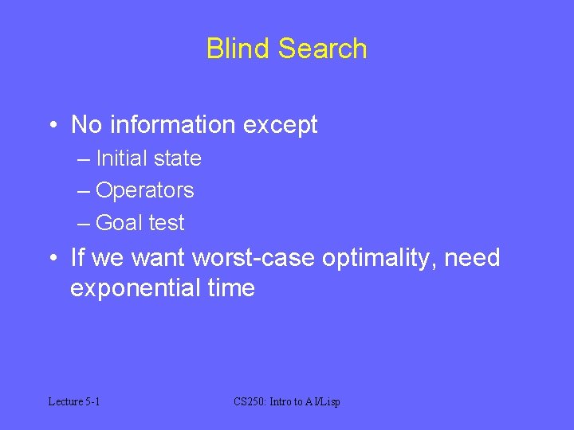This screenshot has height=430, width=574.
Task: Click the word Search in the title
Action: (323, 49)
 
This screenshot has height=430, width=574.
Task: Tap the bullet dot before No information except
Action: (51, 125)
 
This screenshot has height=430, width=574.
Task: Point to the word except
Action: (283, 126)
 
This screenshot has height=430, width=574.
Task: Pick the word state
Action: (177, 158)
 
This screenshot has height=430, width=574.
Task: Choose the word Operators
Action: (144, 191)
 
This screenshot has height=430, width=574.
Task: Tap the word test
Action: (165, 223)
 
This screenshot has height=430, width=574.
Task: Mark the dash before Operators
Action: (85, 191)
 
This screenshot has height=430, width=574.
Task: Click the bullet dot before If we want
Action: (51, 258)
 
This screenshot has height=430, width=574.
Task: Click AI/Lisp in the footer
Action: (321, 401)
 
